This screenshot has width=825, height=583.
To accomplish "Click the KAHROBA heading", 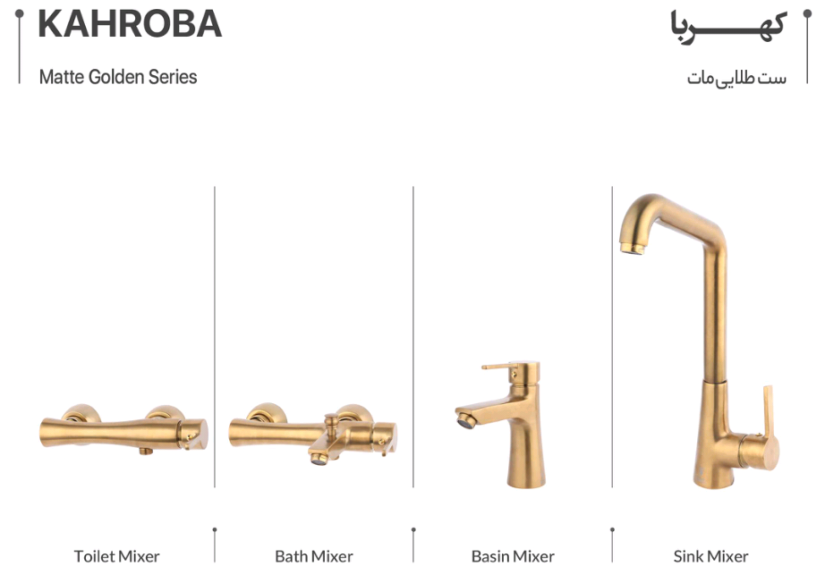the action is (x=130, y=24).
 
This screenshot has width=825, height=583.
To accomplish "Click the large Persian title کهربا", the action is (x=728, y=28).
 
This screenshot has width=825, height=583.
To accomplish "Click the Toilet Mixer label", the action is (x=116, y=556).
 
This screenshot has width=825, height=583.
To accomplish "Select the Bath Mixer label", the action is (x=313, y=556).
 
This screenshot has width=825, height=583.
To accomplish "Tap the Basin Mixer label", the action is (x=513, y=556).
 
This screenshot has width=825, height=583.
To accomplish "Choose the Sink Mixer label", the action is (x=710, y=556).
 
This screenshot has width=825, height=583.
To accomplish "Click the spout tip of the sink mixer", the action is (x=632, y=248).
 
